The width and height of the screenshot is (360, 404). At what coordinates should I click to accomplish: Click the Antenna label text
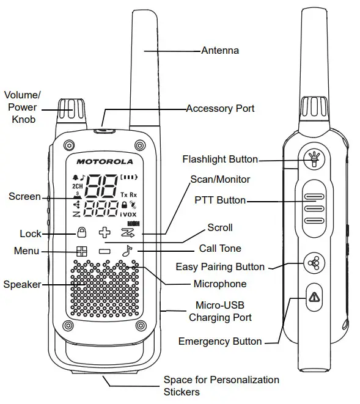tap(220, 51)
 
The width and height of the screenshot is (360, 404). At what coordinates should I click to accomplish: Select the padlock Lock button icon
tap(81, 232)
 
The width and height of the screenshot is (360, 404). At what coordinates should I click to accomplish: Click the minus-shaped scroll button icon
tap(105, 251)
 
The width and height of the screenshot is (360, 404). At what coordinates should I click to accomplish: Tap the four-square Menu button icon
tap(81, 251)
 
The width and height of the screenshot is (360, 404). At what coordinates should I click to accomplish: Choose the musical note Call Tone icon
tap(127, 250)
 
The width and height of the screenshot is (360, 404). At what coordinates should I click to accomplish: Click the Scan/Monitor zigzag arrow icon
tap(127, 232)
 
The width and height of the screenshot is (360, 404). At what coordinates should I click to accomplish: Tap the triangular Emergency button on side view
tap(314, 297)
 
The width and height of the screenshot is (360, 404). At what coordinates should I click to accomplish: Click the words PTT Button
tap(220, 200)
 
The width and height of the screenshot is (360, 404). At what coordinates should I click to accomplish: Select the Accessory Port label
tap(220, 109)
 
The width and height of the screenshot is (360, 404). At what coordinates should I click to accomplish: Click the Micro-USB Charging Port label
tap(220, 311)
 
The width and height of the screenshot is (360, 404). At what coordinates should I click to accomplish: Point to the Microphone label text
tap(220, 284)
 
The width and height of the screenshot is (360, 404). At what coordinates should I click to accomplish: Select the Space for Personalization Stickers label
tap(221, 386)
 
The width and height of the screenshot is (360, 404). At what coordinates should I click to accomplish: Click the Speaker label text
tap(21, 284)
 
